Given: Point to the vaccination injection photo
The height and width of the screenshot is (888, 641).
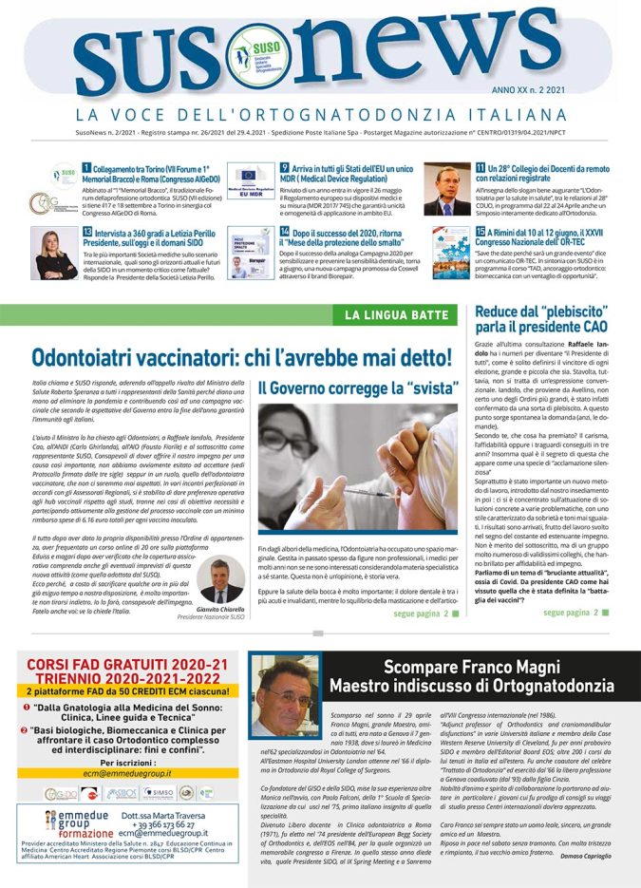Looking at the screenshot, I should pos(357,466).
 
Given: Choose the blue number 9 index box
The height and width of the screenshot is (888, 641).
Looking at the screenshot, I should pos(284,168).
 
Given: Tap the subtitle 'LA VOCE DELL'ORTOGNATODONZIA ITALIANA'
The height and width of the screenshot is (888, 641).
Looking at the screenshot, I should pos(320,115).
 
